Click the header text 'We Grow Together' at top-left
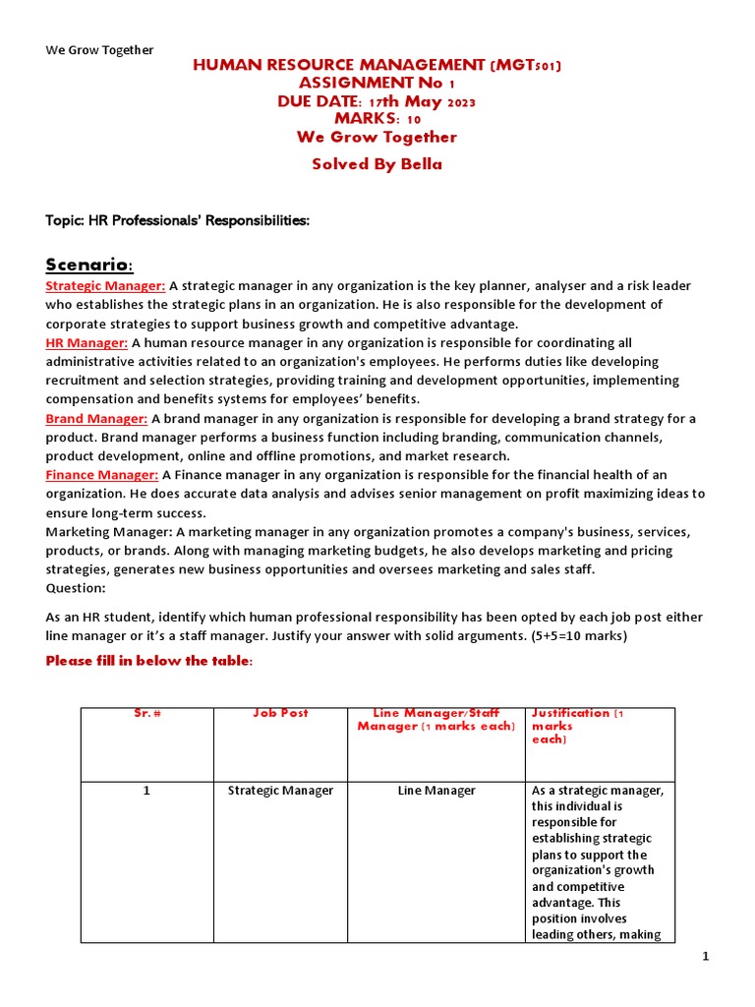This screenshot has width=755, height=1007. tap(99, 50)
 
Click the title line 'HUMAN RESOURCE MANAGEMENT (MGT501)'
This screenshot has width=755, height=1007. tap(377, 66)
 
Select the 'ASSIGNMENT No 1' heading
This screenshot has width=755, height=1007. tap(377, 84)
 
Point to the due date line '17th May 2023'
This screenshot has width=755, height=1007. tap(377, 101)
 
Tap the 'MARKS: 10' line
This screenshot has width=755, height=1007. tap(377, 119)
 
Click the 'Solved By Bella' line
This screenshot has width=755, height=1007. tap(377, 164)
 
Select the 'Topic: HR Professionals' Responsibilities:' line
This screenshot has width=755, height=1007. tap(178, 220)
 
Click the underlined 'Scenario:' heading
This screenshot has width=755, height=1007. tap(89, 265)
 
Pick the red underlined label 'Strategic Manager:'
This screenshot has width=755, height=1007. tap(106, 286)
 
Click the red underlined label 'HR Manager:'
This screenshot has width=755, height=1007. tap(87, 343)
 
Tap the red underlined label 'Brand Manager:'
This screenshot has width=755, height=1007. tap(96, 419)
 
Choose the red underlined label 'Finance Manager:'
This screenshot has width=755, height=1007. tap(102, 475)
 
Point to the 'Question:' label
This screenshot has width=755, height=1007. tap(76, 588)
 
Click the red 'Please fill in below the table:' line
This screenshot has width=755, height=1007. tap(149, 661)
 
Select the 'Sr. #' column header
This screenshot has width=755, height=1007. tap(146, 714)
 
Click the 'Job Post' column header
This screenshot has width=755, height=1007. tap(280, 714)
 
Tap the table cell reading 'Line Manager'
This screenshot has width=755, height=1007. tap(436, 791)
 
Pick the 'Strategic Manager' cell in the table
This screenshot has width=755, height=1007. tap(280, 791)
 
